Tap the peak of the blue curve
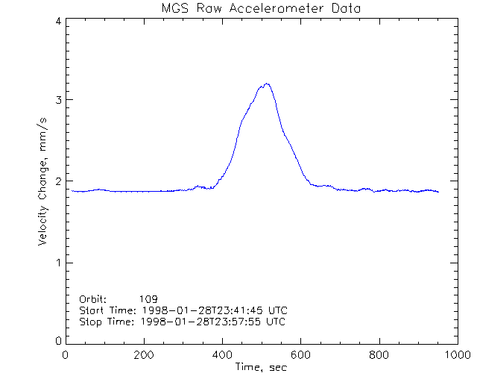tap(266, 84)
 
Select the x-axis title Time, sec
tap(261, 367)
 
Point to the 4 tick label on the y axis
tap(57, 21)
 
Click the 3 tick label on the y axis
tap(57, 100)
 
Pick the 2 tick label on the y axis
tap(57, 181)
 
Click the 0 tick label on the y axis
tap(57, 341)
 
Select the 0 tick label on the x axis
tap(66, 355)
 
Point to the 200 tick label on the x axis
tap(144, 355)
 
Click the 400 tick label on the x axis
tap(222, 355)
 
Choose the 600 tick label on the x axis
tap(300, 355)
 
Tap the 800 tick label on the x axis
tap(379, 355)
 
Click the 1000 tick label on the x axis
tap(456, 355)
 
